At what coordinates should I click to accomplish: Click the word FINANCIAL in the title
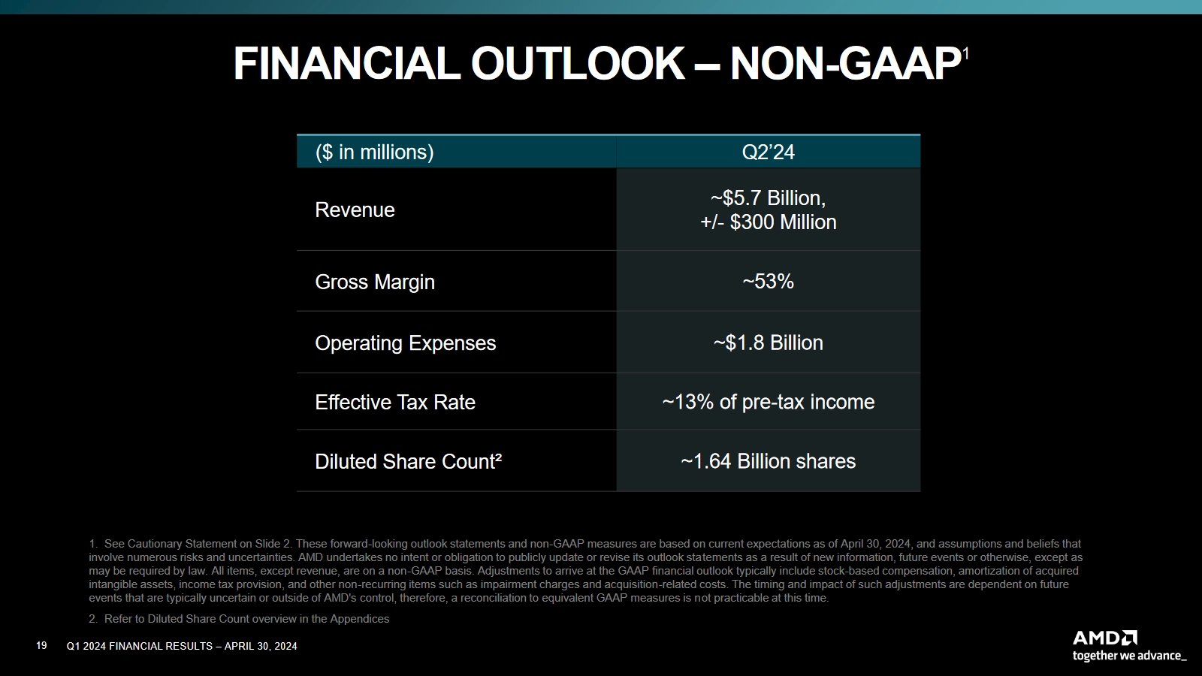pyautogui.click(x=346, y=64)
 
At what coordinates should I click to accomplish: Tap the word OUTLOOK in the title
pyautogui.click(x=577, y=64)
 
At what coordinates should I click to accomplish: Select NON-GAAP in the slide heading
pyautogui.click(x=844, y=64)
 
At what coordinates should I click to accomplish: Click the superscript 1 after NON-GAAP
pyautogui.click(x=965, y=54)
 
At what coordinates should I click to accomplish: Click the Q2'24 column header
pyautogui.click(x=768, y=152)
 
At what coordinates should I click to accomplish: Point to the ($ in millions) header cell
pyautogui.click(x=374, y=152)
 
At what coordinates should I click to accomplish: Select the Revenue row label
pyautogui.click(x=355, y=210)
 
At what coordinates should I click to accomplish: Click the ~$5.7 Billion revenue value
pyautogui.click(x=768, y=198)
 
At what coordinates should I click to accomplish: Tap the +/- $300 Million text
pyautogui.click(x=768, y=222)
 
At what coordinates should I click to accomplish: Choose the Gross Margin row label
pyautogui.click(x=374, y=282)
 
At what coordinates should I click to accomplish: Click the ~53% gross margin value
pyautogui.click(x=768, y=282)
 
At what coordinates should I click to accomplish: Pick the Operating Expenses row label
pyautogui.click(x=405, y=343)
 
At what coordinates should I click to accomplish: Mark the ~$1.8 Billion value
pyautogui.click(x=768, y=343)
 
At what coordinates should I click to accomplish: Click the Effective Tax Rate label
pyautogui.click(x=394, y=403)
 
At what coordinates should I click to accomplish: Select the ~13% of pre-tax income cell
pyautogui.click(x=768, y=403)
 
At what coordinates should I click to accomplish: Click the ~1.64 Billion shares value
pyautogui.click(x=768, y=462)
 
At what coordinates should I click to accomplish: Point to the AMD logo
pyautogui.click(x=1104, y=638)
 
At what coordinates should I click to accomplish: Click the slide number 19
pyautogui.click(x=41, y=646)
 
